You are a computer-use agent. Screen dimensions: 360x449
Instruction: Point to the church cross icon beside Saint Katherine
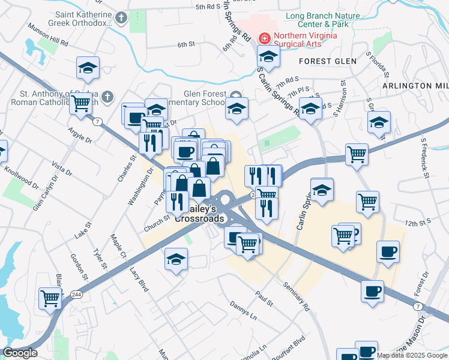(x=121, y=18)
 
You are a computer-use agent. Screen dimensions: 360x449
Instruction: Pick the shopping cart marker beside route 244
(x=50, y=298)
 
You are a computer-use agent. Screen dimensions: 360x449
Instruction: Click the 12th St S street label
(x=419, y=223)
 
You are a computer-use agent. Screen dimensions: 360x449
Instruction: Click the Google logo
(x=19, y=353)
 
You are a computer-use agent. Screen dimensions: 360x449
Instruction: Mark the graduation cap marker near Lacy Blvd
(x=175, y=260)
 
